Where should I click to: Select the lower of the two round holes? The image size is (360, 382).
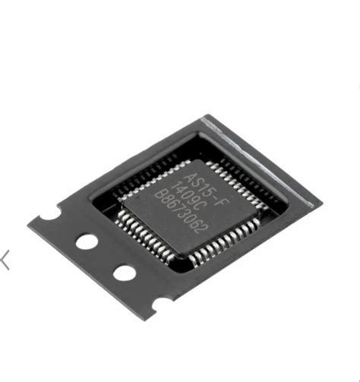123,272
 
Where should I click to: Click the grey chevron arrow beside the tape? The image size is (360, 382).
6,260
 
